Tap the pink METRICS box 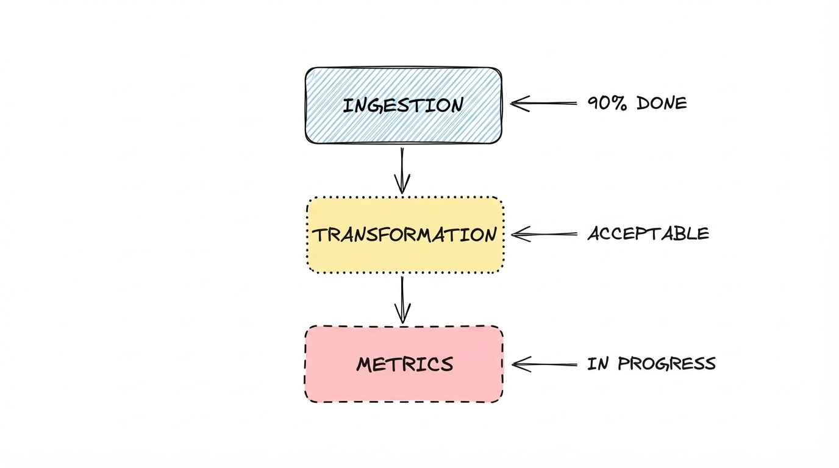(404, 387)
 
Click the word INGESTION (402, 105)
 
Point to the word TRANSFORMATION (405, 235)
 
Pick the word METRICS (405, 364)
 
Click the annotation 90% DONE (637, 103)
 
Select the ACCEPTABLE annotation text (648, 233)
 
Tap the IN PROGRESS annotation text (651, 364)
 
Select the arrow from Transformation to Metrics (402, 299)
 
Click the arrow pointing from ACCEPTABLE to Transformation (544, 234)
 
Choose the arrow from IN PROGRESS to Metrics (544, 364)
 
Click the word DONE (662, 103)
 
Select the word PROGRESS (666, 364)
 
